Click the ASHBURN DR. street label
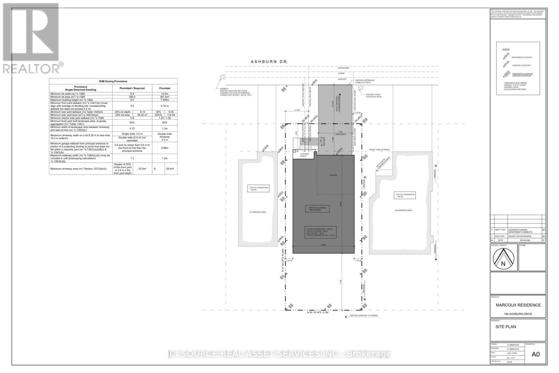pyautogui.click(x=269, y=62)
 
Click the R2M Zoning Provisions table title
pyautogui.click(x=113, y=81)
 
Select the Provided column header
pyautogui.click(x=165, y=88)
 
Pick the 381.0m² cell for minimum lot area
pyautogui.click(x=165, y=97)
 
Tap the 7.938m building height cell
pyautogui.click(x=165, y=100)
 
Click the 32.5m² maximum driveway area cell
pyautogui.click(x=143, y=168)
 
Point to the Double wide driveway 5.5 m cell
pyautogui.click(x=165, y=136)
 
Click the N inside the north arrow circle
pyautogui.click(x=503, y=264)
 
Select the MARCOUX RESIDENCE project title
pyautogui.click(x=518, y=305)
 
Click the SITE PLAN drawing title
pyautogui.click(x=506, y=327)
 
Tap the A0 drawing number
pyautogui.click(x=535, y=354)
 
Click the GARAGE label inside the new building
pyautogui.click(x=333, y=175)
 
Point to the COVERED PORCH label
pyautogui.click(x=304, y=155)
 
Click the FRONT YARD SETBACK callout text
pyautogui.click(x=379, y=150)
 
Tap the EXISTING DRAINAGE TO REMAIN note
pyautogui.click(x=364, y=315)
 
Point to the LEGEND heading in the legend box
pyautogui.click(x=506, y=49)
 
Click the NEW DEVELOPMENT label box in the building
pyautogui.click(x=317, y=209)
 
